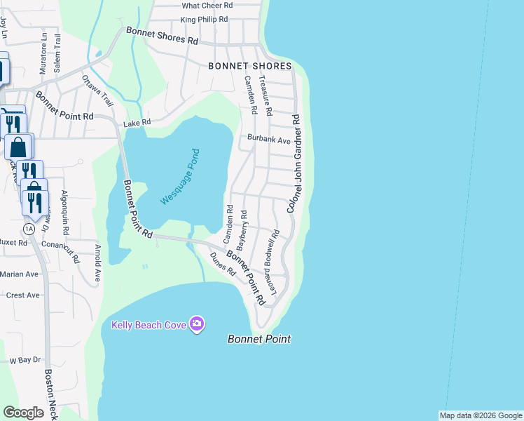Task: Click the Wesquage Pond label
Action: coord(181,176)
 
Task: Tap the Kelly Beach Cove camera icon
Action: coord(198,323)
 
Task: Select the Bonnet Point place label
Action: coord(259,339)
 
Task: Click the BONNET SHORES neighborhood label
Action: coord(249,66)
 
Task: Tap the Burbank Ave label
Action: coord(268,140)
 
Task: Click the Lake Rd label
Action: coord(137,123)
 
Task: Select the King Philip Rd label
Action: coord(204,20)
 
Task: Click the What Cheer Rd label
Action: coord(207,6)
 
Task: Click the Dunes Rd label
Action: coord(222,264)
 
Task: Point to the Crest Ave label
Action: coord(23,295)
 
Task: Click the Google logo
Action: coord(24,413)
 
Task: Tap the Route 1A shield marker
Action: coord(29,229)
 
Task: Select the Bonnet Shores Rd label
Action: coord(162,35)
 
